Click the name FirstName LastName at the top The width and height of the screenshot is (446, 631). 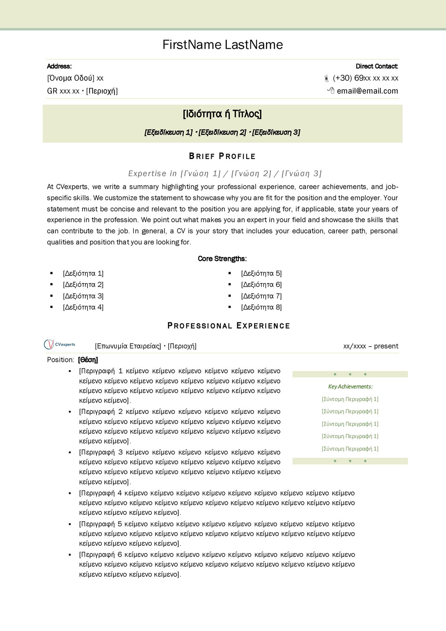(x=223, y=45)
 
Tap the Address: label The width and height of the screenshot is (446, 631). (x=59, y=66)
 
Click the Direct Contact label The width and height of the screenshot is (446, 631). (x=377, y=66)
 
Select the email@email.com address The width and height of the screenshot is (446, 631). (x=367, y=91)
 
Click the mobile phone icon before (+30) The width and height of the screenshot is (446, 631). (x=327, y=78)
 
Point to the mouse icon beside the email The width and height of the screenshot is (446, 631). (x=331, y=90)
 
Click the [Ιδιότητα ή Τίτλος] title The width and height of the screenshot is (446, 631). (x=222, y=114)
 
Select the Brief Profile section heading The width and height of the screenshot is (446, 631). (x=222, y=156)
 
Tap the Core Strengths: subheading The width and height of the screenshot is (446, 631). (x=222, y=259)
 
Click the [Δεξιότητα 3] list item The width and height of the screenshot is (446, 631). (x=83, y=296)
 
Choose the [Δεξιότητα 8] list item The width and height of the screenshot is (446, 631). (x=261, y=308)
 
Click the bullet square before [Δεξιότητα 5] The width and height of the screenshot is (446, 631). (x=230, y=273)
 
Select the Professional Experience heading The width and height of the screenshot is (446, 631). (x=229, y=326)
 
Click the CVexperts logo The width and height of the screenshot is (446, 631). (x=60, y=345)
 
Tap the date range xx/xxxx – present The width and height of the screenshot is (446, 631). (x=371, y=346)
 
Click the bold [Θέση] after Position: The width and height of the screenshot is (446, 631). (x=88, y=360)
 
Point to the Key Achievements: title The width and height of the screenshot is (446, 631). (x=350, y=387)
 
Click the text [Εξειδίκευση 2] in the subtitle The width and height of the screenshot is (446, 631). (x=223, y=133)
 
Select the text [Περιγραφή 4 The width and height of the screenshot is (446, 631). (x=100, y=493)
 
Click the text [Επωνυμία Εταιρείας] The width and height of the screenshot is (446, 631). (x=128, y=346)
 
